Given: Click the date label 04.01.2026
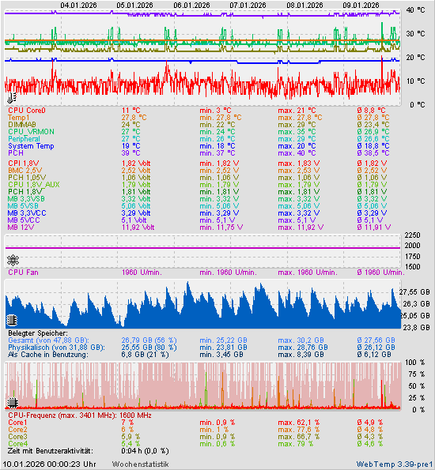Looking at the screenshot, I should pyautogui.click(x=78, y=4).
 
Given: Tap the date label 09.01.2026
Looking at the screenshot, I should pyautogui.click(x=361, y=4).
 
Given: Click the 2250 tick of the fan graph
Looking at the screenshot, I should pyautogui.click(x=413, y=235).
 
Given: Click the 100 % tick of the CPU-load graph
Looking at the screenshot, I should pyautogui.click(x=415, y=362).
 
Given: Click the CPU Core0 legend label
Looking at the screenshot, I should pyautogui.click(x=27, y=111).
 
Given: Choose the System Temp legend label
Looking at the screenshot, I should pyautogui.click(x=31, y=146).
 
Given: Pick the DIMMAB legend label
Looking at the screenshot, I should pyautogui.click(x=22, y=125).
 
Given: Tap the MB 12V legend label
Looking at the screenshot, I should pyautogui.click(x=23, y=227).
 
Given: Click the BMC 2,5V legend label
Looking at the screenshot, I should pyautogui.click(x=25, y=170).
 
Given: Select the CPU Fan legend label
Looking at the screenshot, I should pyautogui.click(x=25, y=273).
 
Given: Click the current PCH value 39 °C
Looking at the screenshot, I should pyautogui.click(x=130, y=153).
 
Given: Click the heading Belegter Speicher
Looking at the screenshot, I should pyautogui.click(x=39, y=334).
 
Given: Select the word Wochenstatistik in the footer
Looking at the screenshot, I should pyautogui.click(x=140, y=464).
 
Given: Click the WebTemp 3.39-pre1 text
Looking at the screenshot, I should pyautogui.click(x=395, y=464).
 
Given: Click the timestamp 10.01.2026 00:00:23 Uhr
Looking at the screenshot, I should pyautogui.click(x=50, y=464).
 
